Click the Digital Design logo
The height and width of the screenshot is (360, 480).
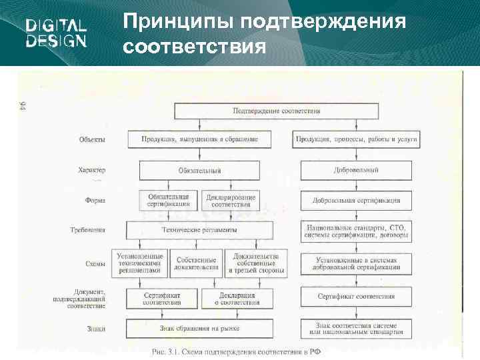click(56, 33)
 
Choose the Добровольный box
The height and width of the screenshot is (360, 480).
click(357, 171)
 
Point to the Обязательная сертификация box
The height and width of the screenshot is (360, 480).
click(169, 200)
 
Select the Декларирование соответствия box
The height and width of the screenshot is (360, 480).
click(231, 200)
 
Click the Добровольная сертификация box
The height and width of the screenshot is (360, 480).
click(357, 200)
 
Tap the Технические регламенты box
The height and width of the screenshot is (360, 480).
click(199, 230)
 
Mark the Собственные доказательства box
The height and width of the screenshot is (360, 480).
click(196, 263)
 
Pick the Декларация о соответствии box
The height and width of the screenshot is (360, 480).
click(237, 297)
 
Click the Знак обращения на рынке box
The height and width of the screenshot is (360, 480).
click(199, 328)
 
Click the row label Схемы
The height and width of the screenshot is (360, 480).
click(95, 264)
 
